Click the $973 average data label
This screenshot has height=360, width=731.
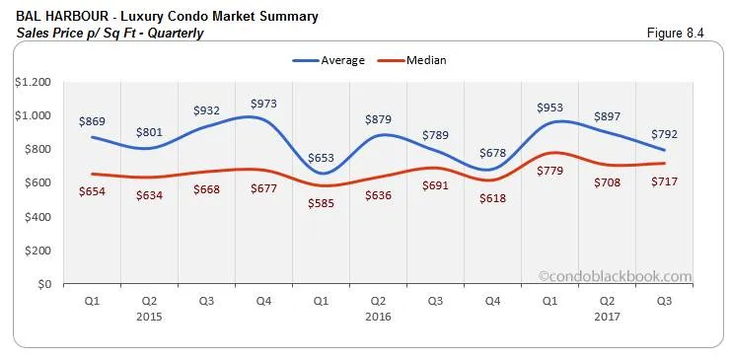264,103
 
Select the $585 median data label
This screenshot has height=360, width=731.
321,205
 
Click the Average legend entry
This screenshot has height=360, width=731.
331,60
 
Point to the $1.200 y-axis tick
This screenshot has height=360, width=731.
32,82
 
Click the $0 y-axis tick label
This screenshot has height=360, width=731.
41,284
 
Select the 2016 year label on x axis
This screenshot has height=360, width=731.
378,317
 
